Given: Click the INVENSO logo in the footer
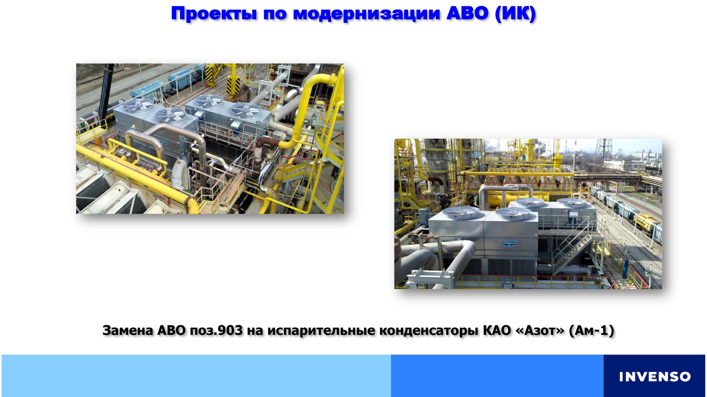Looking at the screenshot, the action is pyautogui.click(x=655, y=377).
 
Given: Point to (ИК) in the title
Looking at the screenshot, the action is pyautogui.click(x=515, y=14).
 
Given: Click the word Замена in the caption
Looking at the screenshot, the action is pyautogui.click(x=128, y=330).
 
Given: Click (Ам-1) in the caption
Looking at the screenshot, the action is pyautogui.click(x=591, y=330).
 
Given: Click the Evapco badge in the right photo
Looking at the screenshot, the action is pyautogui.click(x=509, y=244).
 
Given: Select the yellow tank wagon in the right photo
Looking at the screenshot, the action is pyautogui.click(x=649, y=224).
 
